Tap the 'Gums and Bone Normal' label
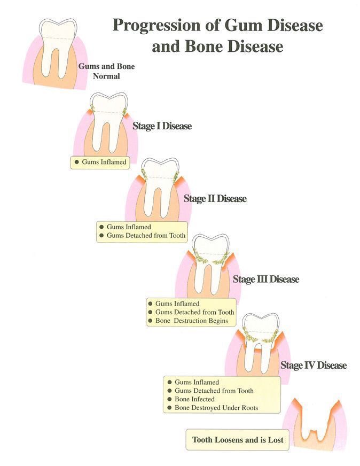106,71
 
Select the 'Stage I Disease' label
162,127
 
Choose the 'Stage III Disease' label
265,279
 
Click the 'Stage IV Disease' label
313,366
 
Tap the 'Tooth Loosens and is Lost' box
238,441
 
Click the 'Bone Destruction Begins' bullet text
192,321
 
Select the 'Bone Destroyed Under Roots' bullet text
216,408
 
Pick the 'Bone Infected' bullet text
194,399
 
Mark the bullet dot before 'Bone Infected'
169,399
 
